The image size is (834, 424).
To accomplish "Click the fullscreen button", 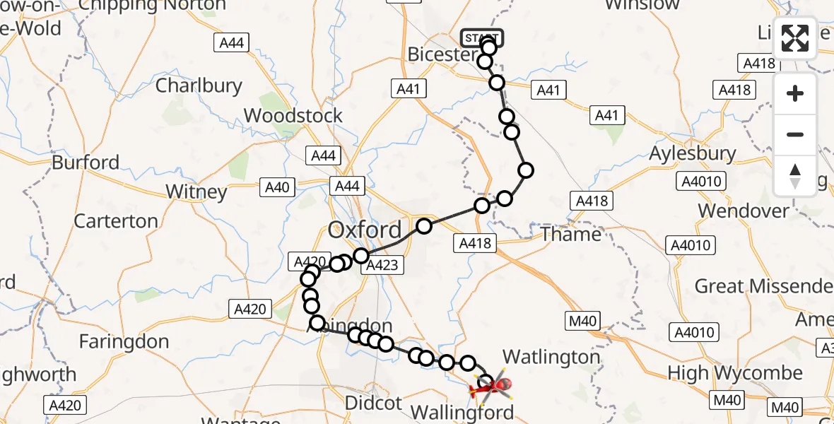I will [795, 38].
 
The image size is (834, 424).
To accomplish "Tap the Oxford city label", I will [365, 230].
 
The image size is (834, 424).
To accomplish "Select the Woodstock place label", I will [293, 115].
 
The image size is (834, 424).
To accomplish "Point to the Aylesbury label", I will [693, 153].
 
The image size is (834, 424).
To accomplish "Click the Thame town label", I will [571, 234].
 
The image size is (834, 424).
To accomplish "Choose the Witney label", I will [196, 192].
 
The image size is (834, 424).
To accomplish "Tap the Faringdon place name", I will [124, 342].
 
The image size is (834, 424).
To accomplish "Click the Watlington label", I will [551, 357].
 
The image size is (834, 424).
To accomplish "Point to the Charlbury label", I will [199, 86].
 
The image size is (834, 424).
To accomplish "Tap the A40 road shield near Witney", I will [277, 187].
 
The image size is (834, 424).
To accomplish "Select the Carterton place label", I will [116, 221].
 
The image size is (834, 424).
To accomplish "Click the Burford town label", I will [86, 163].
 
